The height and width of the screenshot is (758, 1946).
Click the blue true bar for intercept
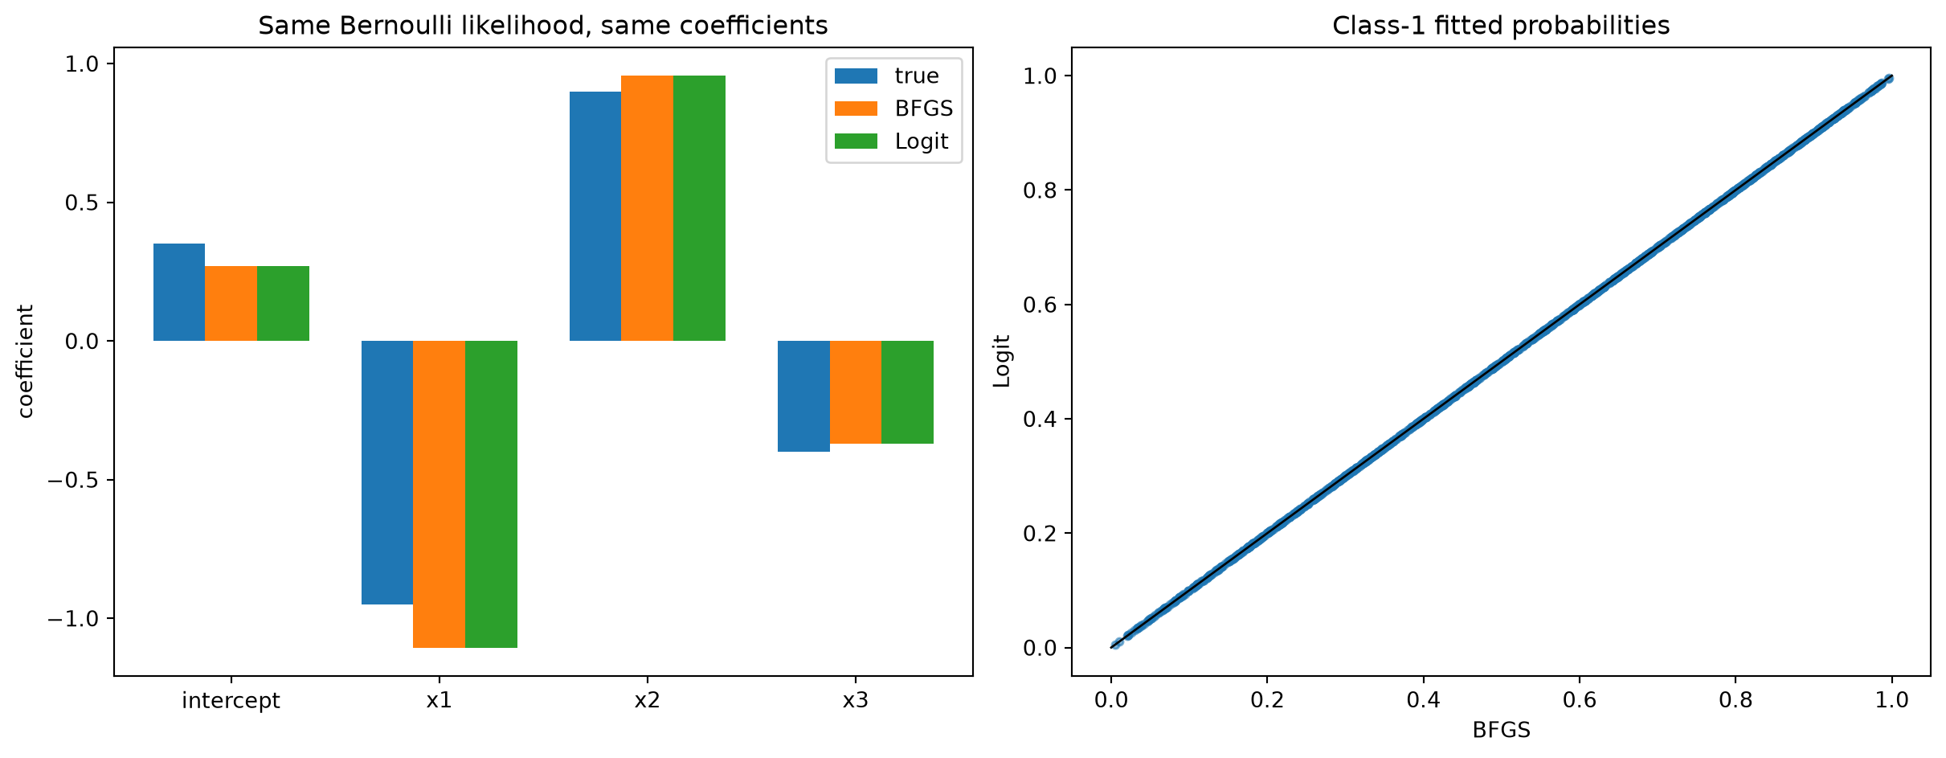[179, 292]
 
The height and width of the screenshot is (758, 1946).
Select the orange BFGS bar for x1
[439, 494]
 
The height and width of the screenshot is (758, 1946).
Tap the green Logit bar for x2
[699, 208]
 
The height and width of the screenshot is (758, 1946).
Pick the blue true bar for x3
[803, 396]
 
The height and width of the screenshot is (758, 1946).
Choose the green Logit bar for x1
[491, 494]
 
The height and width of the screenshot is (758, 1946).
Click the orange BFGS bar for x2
[648, 208]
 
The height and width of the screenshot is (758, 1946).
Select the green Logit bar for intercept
[283, 303]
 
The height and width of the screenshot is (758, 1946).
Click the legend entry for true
[886, 76]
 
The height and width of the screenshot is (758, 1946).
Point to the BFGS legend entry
[893, 109]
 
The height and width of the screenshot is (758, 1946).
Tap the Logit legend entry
[891, 141]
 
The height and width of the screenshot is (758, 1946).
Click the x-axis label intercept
[231, 701]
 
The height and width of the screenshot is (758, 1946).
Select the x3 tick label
[855, 701]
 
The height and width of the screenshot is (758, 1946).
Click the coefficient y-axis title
[26, 361]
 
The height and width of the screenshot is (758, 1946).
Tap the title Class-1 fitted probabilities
[1501, 26]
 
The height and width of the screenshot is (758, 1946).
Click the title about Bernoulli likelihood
[543, 26]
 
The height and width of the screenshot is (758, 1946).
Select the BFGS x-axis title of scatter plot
[1501, 730]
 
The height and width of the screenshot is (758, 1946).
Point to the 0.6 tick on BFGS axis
[1579, 700]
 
